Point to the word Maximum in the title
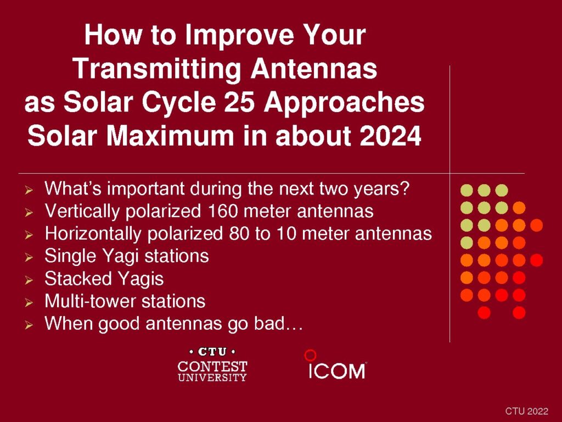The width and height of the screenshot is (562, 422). click(x=170, y=136)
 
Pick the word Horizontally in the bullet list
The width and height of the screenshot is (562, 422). click(x=93, y=234)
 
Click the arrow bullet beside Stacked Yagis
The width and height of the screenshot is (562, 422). click(x=29, y=280)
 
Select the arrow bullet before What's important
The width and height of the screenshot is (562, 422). click(x=29, y=190)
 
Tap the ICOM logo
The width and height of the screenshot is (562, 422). click(x=337, y=370)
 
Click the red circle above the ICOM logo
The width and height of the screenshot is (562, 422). click(x=310, y=356)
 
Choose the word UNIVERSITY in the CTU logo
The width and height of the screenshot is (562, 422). click(x=212, y=377)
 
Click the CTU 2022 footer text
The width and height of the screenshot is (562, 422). click(x=526, y=411)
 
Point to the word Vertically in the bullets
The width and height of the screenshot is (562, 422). click(x=82, y=212)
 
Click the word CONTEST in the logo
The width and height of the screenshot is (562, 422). click(x=212, y=367)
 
